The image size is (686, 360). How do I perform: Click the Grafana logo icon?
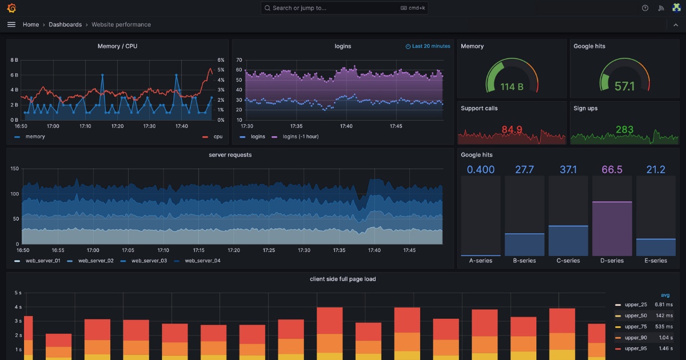(11, 8)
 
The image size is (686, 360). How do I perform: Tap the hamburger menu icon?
(11, 25)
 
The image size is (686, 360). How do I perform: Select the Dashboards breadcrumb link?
(65, 25)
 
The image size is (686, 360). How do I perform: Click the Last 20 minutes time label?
(428, 46)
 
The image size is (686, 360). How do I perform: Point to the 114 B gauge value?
(512, 87)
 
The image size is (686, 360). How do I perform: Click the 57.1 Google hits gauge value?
(624, 87)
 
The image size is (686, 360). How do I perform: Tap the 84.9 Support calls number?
(512, 130)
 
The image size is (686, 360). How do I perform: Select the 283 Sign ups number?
(624, 130)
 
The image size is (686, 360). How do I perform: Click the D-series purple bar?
(612, 229)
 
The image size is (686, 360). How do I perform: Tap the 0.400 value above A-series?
(481, 170)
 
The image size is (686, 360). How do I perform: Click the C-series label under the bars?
(568, 261)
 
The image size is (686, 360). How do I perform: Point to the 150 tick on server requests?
(14, 169)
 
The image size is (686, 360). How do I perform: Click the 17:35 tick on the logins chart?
(296, 126)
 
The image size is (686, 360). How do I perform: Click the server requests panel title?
(230, 155)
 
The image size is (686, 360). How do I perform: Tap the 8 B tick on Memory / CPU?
(14, 59)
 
